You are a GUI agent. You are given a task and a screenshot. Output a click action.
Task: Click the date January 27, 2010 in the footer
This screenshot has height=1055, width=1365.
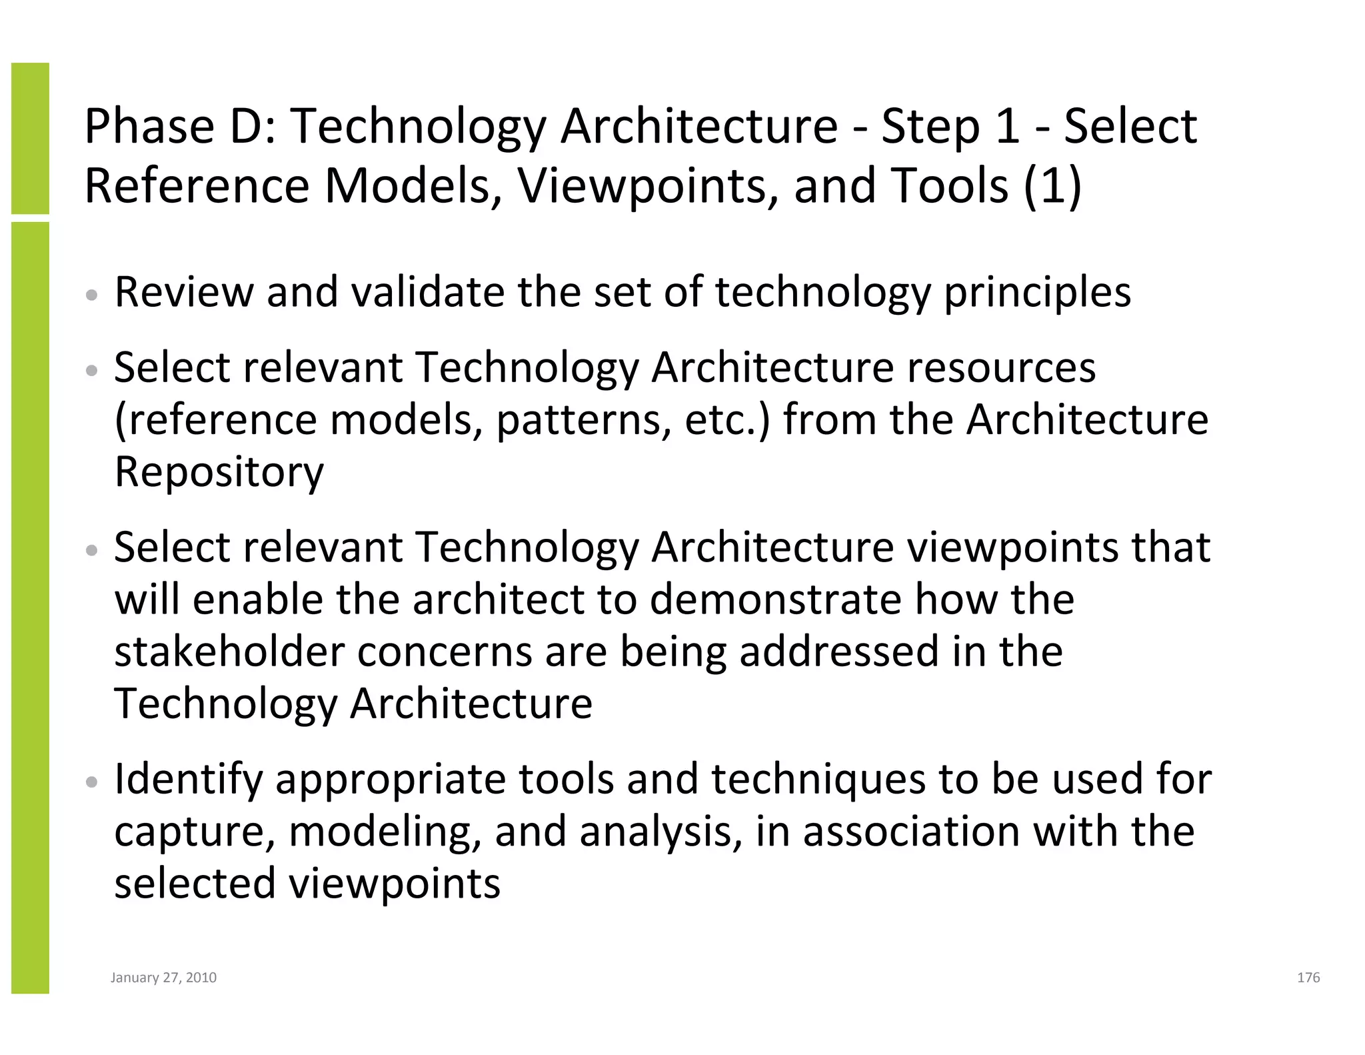tap(163, 978)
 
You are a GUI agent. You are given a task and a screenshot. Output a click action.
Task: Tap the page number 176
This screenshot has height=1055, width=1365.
tap(1308, 978)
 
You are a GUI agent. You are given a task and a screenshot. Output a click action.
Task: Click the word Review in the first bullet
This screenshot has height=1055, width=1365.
tap(184, 292)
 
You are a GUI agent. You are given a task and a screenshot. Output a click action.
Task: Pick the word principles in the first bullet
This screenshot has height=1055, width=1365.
tap(1037, 293)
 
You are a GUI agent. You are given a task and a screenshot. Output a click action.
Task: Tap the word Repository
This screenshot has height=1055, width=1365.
tap(219, 473)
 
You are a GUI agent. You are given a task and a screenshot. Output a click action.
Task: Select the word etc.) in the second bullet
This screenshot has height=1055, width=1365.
tap(726, 420)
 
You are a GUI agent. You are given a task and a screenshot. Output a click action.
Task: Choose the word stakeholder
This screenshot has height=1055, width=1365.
tap(229, 652)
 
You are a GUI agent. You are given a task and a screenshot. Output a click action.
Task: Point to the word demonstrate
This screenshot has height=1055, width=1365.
tap(775, 599)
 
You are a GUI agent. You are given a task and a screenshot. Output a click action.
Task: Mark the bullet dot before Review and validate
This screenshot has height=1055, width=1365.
tap(93, 294)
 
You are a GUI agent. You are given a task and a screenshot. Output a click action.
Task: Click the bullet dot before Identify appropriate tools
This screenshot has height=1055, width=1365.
tap(93, 781)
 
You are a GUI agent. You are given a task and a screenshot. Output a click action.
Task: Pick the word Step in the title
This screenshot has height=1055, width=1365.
tap(930, 127)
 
